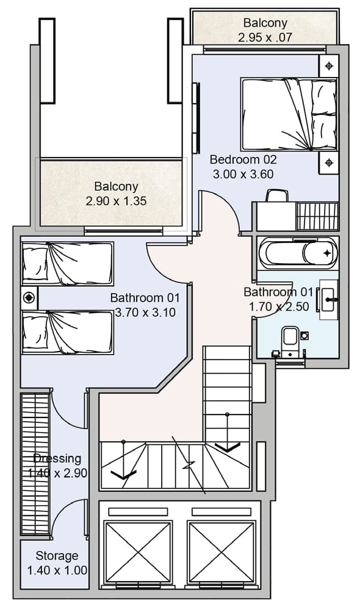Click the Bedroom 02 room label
point(243,159)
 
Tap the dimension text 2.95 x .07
point(265,38)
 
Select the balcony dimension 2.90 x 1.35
point(116,201)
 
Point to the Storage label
point(57,555)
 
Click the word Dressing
point(57,458)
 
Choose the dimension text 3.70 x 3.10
point(145,313)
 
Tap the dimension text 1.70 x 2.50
point(279,306)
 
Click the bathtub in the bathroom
point(298,253)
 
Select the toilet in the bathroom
point(290,341)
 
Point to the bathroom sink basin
point(329,299)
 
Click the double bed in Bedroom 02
point(289,114)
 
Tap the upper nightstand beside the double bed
point(329,66)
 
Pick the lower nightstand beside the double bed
point(329,162)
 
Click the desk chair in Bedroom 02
point(277,195)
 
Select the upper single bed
point(68,264)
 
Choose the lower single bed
point(68,332)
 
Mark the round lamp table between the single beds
point(29,298)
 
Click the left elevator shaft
point(138,552)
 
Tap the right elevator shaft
point(221,552)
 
